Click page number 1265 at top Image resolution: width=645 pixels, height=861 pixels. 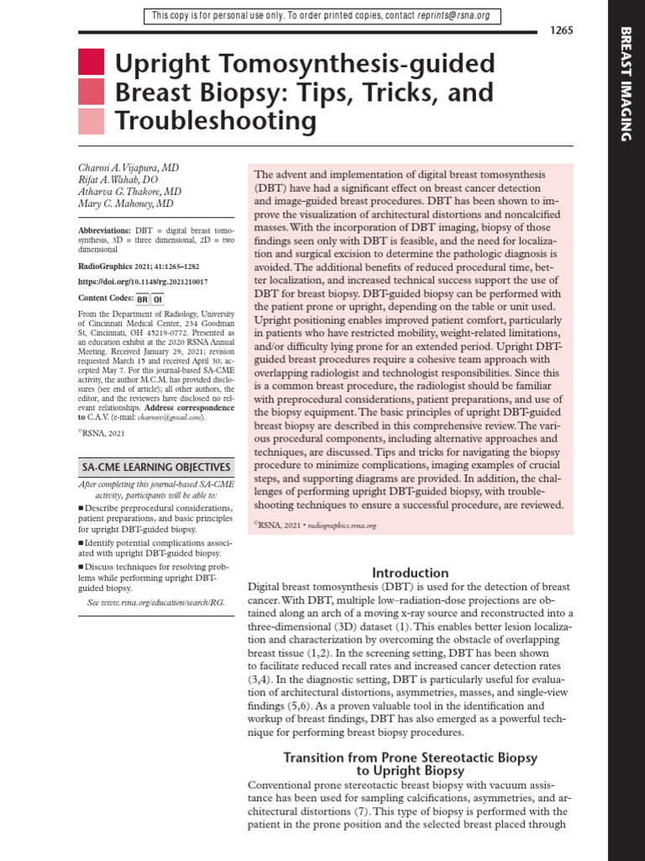pos(561,31)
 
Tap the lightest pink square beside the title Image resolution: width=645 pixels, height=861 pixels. pos(91,121)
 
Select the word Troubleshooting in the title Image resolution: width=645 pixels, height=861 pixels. pos(216,122)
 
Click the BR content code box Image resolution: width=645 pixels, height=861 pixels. pos(142,298)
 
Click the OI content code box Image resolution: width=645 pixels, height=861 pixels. pos(157,298)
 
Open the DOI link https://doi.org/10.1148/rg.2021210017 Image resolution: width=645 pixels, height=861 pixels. pos(143,282)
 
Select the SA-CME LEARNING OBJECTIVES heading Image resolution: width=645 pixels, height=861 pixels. pos(155,467)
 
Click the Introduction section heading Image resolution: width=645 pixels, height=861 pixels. pos(411,573)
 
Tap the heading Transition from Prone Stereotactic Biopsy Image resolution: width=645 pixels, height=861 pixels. pos(411,758)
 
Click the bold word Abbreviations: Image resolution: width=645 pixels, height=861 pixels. pos(104,230)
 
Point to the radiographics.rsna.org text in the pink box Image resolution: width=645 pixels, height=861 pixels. pos(342,525)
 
